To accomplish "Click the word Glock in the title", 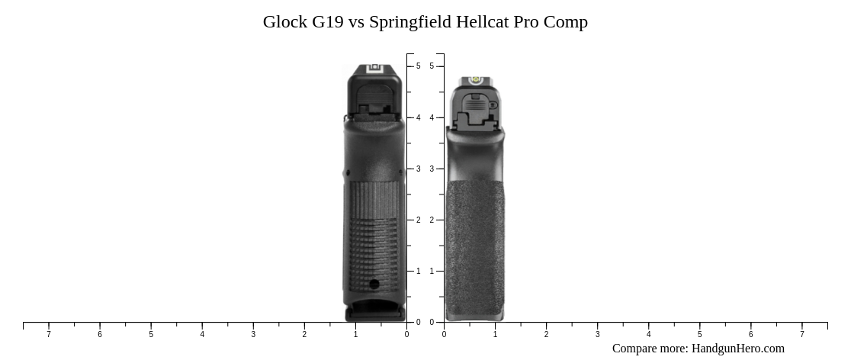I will click(284, 22).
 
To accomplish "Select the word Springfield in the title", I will click(409, 22).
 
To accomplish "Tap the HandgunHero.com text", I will click(737, 349).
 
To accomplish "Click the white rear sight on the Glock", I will click(374, 68).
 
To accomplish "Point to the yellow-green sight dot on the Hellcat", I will click(474, 79).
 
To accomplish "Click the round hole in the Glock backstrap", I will click(374, 284).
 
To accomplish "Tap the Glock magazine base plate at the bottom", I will click(374, 312).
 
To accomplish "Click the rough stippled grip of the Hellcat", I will click(474, 244).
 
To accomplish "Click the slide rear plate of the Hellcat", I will click(475, 111).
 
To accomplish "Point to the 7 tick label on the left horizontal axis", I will click(49, 334).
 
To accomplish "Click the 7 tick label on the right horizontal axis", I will click(801, 334).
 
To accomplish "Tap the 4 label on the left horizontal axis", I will click(202, 334).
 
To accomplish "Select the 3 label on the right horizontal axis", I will click(597, 334).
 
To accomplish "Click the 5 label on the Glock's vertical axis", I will click(418, 66).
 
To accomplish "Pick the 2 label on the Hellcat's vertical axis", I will click(432, 220).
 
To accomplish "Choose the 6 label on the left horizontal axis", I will click(100, 334).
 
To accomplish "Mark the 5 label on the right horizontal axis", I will click(699, 334).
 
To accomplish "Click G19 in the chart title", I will click(328, 22).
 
